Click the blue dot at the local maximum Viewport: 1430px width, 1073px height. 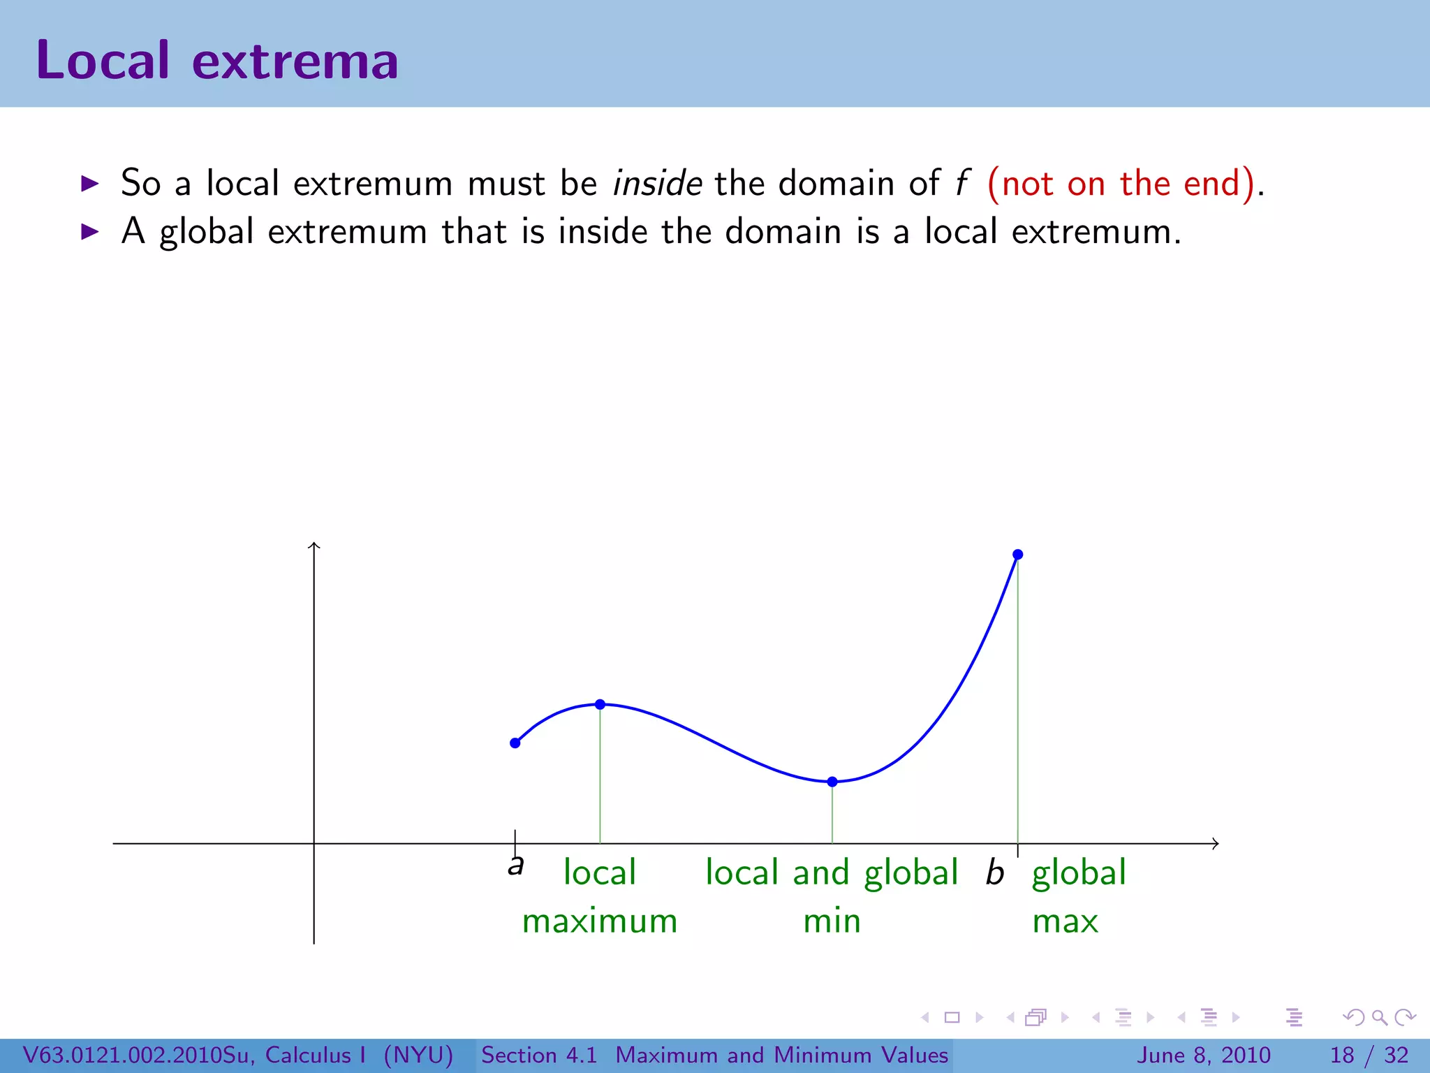pyautogui.click(x=600, y=704)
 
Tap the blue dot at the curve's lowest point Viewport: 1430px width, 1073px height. pyautogui.click(x=832, y=782)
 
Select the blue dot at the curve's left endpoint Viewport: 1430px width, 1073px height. pyautogui.click(x=515, y=743)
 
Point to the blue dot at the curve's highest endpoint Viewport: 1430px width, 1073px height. pyautogui.click(x=1018, y=555)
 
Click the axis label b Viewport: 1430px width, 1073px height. pyautogui.click(x=994, y=873)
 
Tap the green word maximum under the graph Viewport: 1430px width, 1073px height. pyautogui.click(x=600, y=921)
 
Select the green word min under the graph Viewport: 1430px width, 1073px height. pyautogui.click(x=832, y=921)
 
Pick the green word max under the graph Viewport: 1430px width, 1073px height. pyautogui.click(x=1065, y=921)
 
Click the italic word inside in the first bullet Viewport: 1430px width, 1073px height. pyautogui.click(x=657, y=183)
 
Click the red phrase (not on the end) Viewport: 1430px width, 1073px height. pyautogui.click(x=1121, y=184)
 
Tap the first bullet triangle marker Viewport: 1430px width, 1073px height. pyautogui.click(x=90, y=184)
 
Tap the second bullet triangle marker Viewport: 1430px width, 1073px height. pyautogui.click(x=90, y=232)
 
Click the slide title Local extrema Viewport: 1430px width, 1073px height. pyautogui.click(x=217, y=60)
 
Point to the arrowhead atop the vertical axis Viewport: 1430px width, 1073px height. pyautogui.click(x=314, y=545)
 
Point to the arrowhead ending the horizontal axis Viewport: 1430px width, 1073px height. pyautogui.click(x=1216, y=844)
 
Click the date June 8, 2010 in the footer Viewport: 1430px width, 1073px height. pyautogui.click(x=1204, y=1055)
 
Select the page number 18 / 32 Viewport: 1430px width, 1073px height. pyautogui.click(x=1369, y=1055)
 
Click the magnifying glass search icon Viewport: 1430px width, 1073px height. pyautogui.click(x=1379, y=1018)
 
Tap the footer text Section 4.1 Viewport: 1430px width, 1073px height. pyautogui.click(x=539, y=1055)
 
